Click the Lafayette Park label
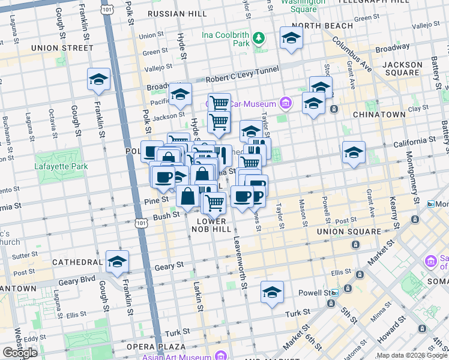(61, 166)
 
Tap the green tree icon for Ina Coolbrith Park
(259, 39)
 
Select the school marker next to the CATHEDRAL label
(117, 261)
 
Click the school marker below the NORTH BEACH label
(291, 38)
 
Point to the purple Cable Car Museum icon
(285, 103)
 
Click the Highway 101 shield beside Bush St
(139, 223)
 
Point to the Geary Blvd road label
(76, 279)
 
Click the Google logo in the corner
(20, 353)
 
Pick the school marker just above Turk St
(272, 292)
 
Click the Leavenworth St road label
(244, 262)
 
